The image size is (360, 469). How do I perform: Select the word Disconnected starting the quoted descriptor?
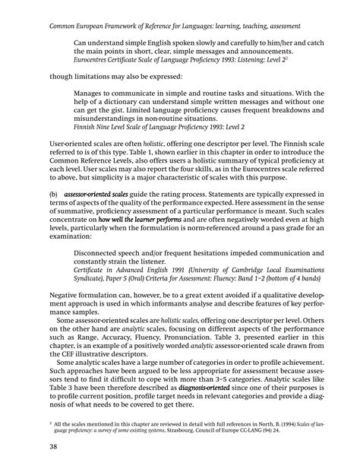[101, 255]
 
